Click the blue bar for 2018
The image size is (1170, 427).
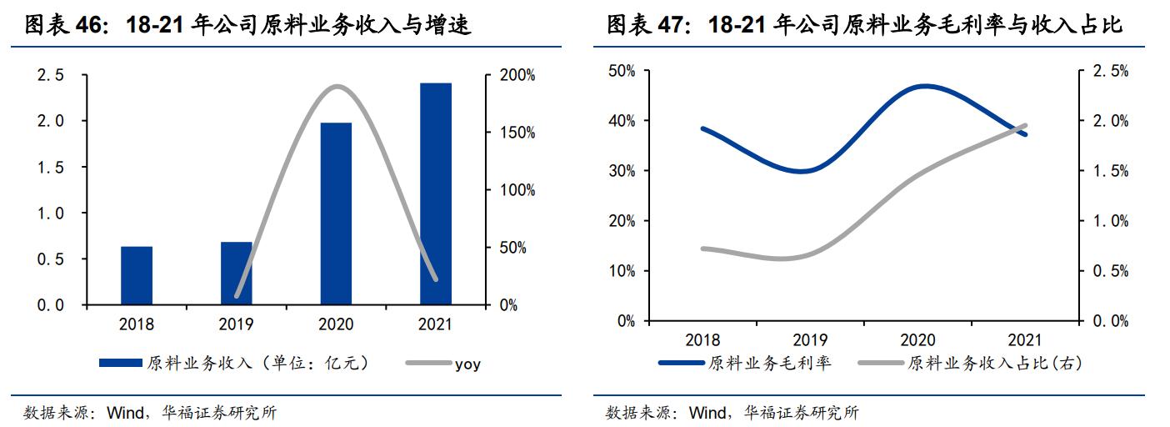[137, 275]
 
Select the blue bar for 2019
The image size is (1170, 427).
[237, 273]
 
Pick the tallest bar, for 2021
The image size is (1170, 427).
[435, 193]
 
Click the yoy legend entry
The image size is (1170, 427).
[467, 364]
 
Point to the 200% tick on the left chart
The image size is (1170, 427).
[517, 76]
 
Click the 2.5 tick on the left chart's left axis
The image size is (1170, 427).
[50, 76]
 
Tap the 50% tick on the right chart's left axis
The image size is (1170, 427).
[621, 72]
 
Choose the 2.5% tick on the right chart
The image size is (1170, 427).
[1110, 72]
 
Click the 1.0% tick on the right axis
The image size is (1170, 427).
[1110, 221]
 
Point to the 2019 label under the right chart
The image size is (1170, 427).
[810, 339]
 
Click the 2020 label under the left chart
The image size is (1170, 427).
[336, 325]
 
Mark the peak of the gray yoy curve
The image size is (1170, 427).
[336, 86]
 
